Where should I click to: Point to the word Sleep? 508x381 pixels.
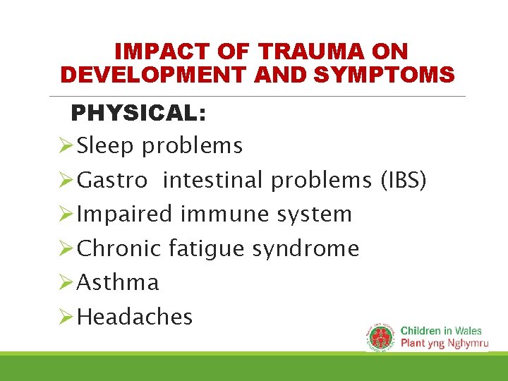pos(107,146)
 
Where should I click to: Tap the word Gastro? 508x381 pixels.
pos(112,181)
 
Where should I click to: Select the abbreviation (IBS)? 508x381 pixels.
pos(404,181)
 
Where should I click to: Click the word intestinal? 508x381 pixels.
pos(214,181)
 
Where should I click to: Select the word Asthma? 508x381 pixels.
pos(118,283)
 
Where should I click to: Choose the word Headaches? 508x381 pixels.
pos(135,317)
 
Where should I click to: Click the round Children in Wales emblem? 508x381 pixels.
pos(382,336)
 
